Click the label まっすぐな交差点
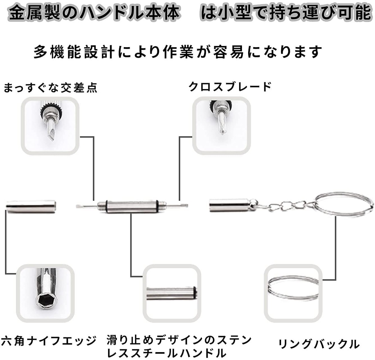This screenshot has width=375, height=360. [x=50, y=88]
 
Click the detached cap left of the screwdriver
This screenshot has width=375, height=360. [x=31, y=207]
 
